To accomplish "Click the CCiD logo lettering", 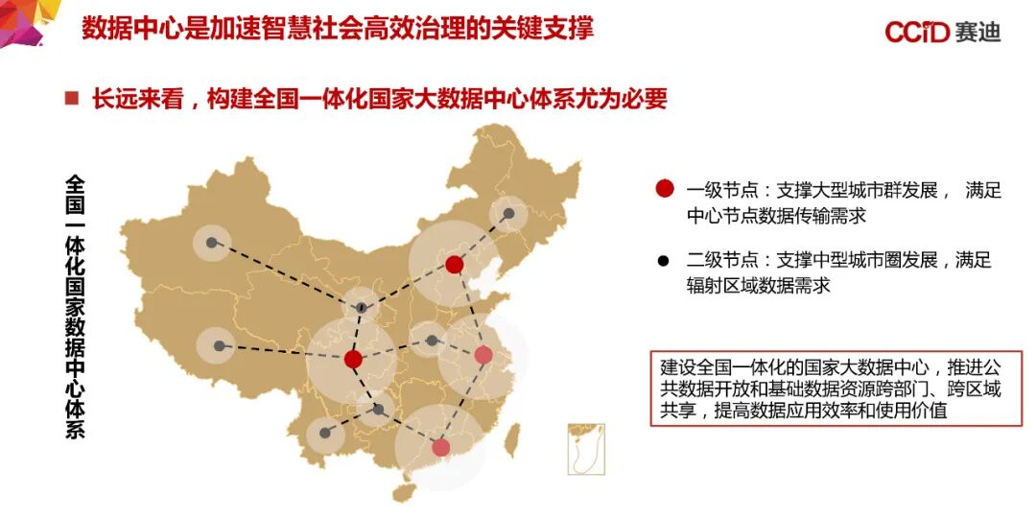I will point(917,32).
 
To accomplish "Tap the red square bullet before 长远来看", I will point(70,98).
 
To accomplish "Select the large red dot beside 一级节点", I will point(664,189).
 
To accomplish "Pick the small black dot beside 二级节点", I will point(664,260).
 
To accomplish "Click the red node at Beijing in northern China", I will point(455,264).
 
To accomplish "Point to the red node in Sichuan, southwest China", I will point(353,359).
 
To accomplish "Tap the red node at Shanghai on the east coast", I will point(483,355).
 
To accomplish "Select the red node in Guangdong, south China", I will point(440,446).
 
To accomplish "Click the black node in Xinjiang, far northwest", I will point(212,242).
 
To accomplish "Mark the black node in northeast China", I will point(508,213).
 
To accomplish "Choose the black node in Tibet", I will point(220,345).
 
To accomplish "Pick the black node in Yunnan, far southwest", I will point(326,433).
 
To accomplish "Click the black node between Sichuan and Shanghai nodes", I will point(432,340).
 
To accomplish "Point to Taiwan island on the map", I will point(512,440).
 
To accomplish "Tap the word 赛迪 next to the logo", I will point(977,32).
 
